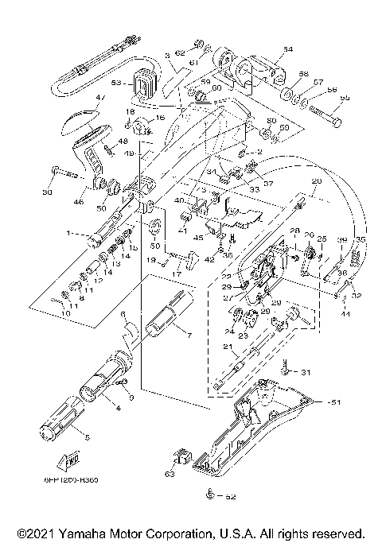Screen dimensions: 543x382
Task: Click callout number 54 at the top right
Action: click(x=287, y=49)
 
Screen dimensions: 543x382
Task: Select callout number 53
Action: click(x=116, y=82)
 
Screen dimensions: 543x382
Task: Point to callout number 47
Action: click(x=100, y=99)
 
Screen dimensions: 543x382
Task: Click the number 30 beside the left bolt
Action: click(x=46, y=192)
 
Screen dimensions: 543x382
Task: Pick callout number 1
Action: click(x=68, y=233)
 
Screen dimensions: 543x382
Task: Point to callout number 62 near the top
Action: click(x=180, y=52)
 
